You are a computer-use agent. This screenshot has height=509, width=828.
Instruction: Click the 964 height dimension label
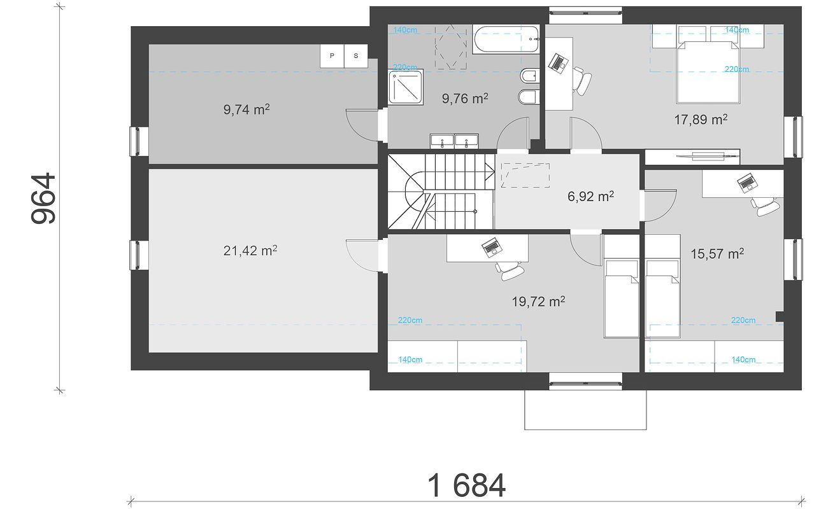point(43,199)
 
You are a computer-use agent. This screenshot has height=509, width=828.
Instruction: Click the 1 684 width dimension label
point(466,485)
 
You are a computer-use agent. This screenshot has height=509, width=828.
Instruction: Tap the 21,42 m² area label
point(250,251)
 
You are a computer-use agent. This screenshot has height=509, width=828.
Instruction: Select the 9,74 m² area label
point(246,109)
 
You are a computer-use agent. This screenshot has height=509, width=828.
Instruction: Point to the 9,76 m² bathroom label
point(465,98)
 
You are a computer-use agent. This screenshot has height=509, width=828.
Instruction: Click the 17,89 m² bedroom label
point(701,120)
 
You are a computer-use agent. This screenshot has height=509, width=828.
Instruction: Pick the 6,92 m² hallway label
point(590,196)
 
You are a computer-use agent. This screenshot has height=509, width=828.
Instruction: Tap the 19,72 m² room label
point(538,302)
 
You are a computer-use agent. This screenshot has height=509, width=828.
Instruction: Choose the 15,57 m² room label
point(717,253)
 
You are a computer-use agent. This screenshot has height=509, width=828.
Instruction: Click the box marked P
point(332,56)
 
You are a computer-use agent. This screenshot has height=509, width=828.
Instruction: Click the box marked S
point(356,56)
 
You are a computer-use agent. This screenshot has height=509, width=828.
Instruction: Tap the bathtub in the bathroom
point(505,39)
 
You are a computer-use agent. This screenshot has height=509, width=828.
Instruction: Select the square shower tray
point(406,87)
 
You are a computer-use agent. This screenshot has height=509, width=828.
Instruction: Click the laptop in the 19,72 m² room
point(491,247)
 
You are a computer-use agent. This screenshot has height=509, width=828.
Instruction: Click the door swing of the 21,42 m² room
point(362,256)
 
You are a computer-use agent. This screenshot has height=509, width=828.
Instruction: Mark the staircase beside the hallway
point(441,192)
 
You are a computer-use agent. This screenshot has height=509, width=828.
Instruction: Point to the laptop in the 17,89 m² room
point(557,63)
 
